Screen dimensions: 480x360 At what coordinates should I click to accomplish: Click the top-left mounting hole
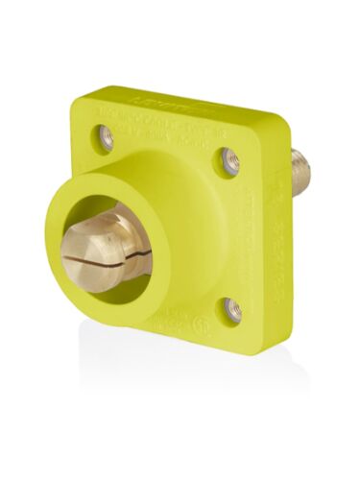pos(105,136)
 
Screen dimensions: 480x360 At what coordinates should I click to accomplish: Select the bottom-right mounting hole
pos(231,308)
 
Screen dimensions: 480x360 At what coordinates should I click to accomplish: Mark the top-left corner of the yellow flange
pos(83,96)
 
